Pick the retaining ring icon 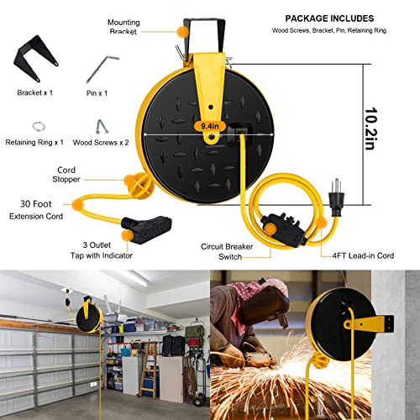[x=37, y=125]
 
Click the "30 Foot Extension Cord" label [x=35, y=209]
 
